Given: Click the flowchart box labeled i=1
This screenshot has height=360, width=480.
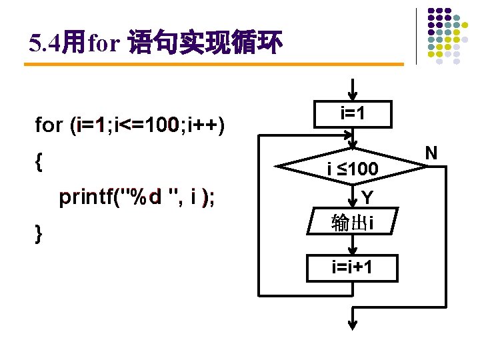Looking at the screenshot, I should pos(353,114).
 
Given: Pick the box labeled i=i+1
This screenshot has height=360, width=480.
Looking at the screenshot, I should pos(353,268).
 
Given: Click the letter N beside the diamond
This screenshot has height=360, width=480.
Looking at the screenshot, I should pos(431,153).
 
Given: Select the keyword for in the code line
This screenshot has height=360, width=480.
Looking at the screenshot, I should pos(48,125).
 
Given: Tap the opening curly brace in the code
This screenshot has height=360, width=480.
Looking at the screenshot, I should pos(39,161).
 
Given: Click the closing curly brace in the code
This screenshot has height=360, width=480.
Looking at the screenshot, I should pos(39,233).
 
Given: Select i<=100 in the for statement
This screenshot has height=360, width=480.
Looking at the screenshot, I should pos(145,125).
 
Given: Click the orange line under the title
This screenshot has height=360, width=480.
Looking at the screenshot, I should pos(213,65).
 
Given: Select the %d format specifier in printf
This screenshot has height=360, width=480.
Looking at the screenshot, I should pos(145,197).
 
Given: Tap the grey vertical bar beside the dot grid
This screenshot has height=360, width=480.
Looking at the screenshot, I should pos(416,36).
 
